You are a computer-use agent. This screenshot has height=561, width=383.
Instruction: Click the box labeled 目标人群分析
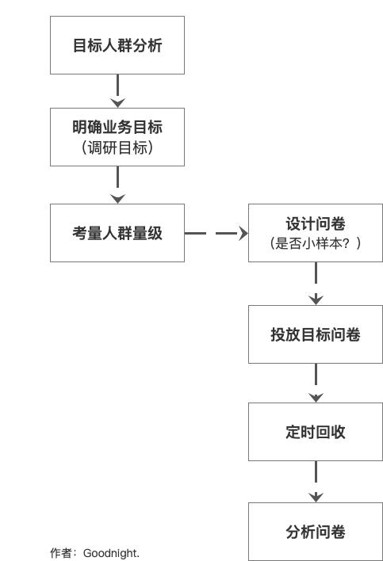pyautogui.click(x=117, y=45)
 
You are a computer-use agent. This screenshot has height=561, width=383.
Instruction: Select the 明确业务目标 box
pyautogui.click(x=117, y=137)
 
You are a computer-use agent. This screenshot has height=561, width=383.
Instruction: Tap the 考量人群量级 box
pyautogui.click(x=117, y=233)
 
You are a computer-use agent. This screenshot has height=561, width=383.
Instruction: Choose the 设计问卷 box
pyautogui.click(x=316, y=233)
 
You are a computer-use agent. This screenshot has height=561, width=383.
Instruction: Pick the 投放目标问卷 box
pyautogui.click(x=316, y=334)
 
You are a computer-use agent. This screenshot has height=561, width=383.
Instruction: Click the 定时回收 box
pyautogui.click(x=316, y=432)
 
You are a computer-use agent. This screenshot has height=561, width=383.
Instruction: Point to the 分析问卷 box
pyautogui.click(x=316, y=532)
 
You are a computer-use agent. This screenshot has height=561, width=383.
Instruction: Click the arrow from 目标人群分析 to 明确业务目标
pyautogui.click(x=117, y=91)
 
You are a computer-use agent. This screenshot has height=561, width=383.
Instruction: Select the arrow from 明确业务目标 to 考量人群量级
pyautogui.click(x=117, y=185)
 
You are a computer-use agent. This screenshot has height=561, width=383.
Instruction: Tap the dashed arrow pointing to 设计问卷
pyautogui.click(x=216, y=233)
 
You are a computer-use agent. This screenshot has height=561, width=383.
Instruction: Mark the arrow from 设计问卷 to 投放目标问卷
pyautogui.click(x=316, y=284)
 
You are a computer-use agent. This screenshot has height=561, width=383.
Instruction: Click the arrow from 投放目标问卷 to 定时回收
pyautogui.click(x=316, y=383)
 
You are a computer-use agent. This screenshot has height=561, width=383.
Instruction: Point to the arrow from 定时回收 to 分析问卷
pyautogui.click(x=316, y=482)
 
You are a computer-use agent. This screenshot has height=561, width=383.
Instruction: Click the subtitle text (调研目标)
pyautogui.click(x=117, y=147)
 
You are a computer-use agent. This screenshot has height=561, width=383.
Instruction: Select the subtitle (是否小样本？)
pyautogui.click(x=316, y=243)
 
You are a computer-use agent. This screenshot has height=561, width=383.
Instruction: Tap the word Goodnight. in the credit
pyautogui.click(x=111, y=553)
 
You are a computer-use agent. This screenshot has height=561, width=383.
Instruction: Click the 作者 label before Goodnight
pyautogui.click(x=61, y=553)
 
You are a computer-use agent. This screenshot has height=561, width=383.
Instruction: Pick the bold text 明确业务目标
pyautogui.click(x=117, y=127)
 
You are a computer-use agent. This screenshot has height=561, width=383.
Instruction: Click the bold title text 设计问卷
pyautogui.click(x=316, y=224)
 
